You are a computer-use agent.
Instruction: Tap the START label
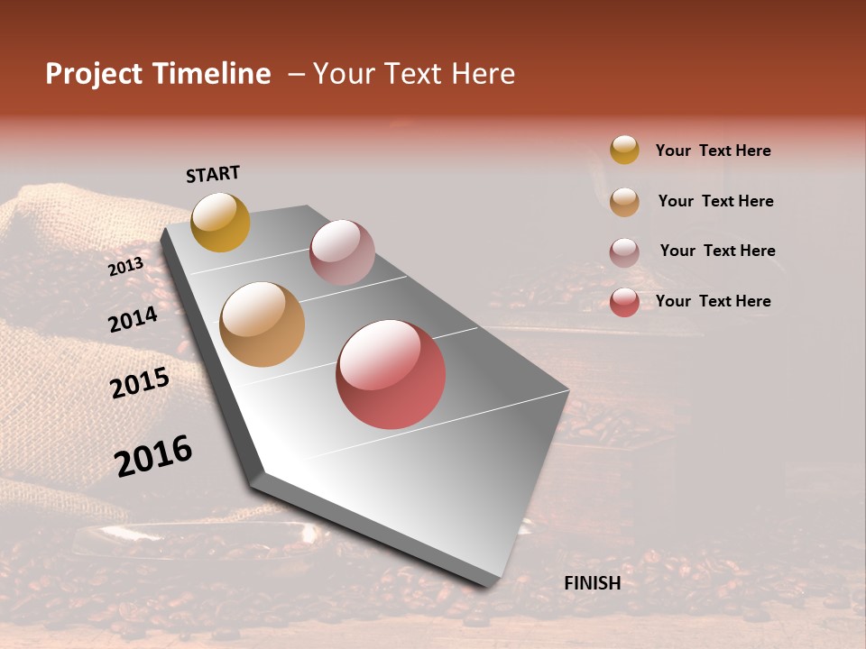pyautogui.click(x=213, y=174)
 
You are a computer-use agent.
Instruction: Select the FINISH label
pyautogui.click(x=593, y=583)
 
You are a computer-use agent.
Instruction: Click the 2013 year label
pyautogui.click(x=125, y=267)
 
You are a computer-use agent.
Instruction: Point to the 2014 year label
pyautogui.click(x=133, y=319)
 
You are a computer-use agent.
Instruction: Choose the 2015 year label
pyautogui.click(x=140, y=383)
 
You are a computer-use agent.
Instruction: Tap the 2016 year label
pyautogui.click(x=153, y=456)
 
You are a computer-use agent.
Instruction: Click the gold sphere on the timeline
pyautogui.click(x=220, y=222)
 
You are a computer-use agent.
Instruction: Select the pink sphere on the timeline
pyautogui.click(x=342, y=252)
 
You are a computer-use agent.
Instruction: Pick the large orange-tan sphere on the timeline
pyautogui.click(x=263, y=324)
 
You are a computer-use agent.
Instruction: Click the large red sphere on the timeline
pyautogui.click(x=391, y=374)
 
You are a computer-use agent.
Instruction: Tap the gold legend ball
pyautogui.click(x=624, y=150)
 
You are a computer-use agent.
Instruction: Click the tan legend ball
pyautogui.click(x=624, y=201)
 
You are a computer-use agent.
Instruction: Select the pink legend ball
pyautogui.click(x=624, y=251)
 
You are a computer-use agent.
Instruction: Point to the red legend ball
pyautogui.click(x=624, y=302)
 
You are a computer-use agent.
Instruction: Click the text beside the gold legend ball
pyautogui.click(x=713, y=151)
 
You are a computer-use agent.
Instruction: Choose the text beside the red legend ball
pyautogui.click(x=713, y=301)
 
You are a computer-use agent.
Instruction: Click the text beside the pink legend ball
pyautogui.click(x=717, y=251)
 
